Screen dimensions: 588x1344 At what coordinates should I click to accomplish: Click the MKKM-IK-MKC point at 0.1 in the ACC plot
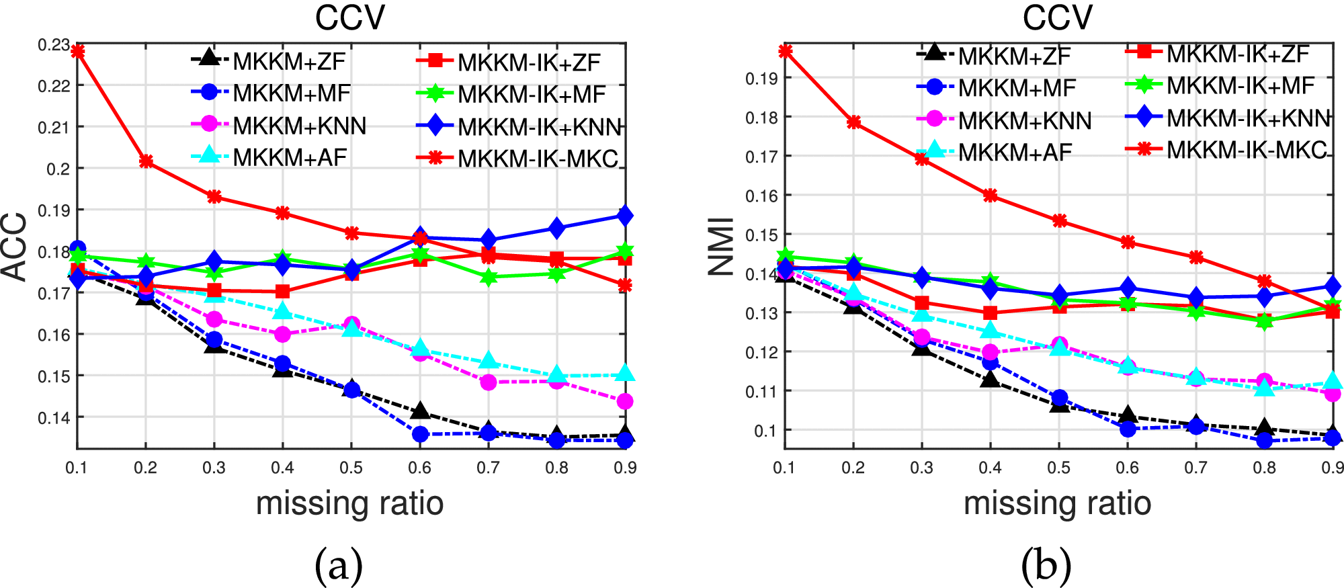pos(77,51)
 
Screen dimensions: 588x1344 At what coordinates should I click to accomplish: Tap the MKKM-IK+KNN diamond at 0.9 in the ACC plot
pos(626,216)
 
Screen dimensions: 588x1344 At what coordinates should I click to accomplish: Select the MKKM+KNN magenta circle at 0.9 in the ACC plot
pos(625,401)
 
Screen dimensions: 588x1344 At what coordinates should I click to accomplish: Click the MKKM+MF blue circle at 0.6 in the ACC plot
pos(420,434)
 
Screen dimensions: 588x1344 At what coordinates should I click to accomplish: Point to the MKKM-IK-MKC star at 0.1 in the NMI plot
pos(785,51)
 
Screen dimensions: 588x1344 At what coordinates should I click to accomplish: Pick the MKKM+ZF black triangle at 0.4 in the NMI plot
pos(990,380)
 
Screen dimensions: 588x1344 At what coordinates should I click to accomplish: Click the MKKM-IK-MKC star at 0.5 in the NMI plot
pos(1059,221)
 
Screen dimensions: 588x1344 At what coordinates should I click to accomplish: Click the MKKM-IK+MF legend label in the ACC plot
pos(532,95)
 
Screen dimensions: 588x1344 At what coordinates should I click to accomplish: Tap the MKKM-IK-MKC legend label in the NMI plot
pos(1247,150)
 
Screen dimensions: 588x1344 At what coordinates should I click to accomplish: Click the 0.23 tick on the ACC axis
pos(54,45)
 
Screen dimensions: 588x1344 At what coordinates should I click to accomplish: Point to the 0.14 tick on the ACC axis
pos(54,418)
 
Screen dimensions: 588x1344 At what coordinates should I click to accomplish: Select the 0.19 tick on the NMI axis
pos(761,79)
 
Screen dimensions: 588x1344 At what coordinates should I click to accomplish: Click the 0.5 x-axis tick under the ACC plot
pos(351,468)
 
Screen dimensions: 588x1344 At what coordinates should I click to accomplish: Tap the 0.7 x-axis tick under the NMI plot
pos(1195,468)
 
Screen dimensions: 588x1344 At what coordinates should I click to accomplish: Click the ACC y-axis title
pos(15,247)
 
